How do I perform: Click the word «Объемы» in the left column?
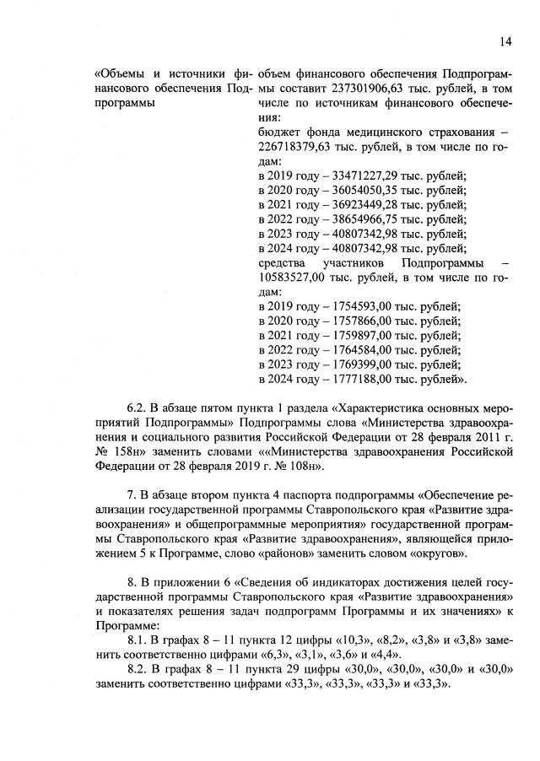tap(122, 75)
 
